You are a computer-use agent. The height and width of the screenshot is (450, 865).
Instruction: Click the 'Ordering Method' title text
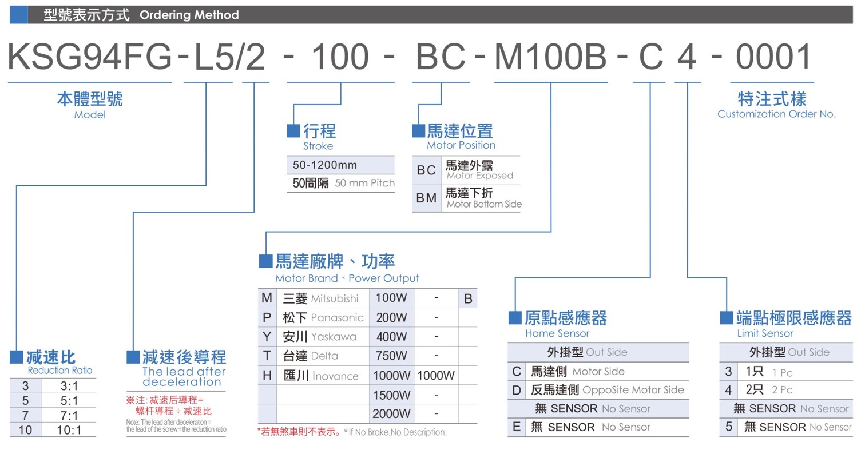[x=189, y=15]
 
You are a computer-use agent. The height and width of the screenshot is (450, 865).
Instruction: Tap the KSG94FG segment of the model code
[x=90, y=57]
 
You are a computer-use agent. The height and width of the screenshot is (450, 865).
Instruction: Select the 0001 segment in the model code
[x=773, y=57]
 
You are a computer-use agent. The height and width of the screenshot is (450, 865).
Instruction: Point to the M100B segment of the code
[x=551, y=57]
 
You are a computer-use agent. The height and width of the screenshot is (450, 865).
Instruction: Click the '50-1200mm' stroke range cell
[x=325, y=165]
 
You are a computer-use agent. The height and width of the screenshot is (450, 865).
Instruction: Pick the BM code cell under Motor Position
[x=426, y=198]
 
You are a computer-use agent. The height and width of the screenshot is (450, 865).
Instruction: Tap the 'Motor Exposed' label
[x=480, y=176]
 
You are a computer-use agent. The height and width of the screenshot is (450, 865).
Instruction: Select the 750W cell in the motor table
[x=391, y=356]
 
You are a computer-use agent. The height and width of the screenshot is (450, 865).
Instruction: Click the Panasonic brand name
[x=337, y=317]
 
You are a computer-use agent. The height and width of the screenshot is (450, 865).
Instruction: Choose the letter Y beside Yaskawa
[x=267, y=337]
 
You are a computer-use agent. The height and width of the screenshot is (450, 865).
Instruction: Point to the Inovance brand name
[x=336, y=376]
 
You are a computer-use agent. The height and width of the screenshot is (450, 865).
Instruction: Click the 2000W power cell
[x=391, y=414]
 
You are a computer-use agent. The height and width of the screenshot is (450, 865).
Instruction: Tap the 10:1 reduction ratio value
[x=69, y=430]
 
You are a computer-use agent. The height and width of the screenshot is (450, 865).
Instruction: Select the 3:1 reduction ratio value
[x=69, y=386]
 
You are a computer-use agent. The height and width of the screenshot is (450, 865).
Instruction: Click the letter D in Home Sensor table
[x=517, y=390]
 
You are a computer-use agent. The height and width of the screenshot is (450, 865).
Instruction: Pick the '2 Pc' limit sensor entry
[x=782, y=390]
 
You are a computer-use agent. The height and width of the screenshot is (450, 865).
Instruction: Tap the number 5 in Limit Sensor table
[x=729, y=427]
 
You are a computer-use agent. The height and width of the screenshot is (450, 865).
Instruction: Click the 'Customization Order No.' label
[x=776, y=114]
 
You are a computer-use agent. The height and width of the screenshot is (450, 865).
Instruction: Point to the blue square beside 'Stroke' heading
[x=293, y=131]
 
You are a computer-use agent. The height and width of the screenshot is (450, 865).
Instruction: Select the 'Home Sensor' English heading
[x=557, y=333]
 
